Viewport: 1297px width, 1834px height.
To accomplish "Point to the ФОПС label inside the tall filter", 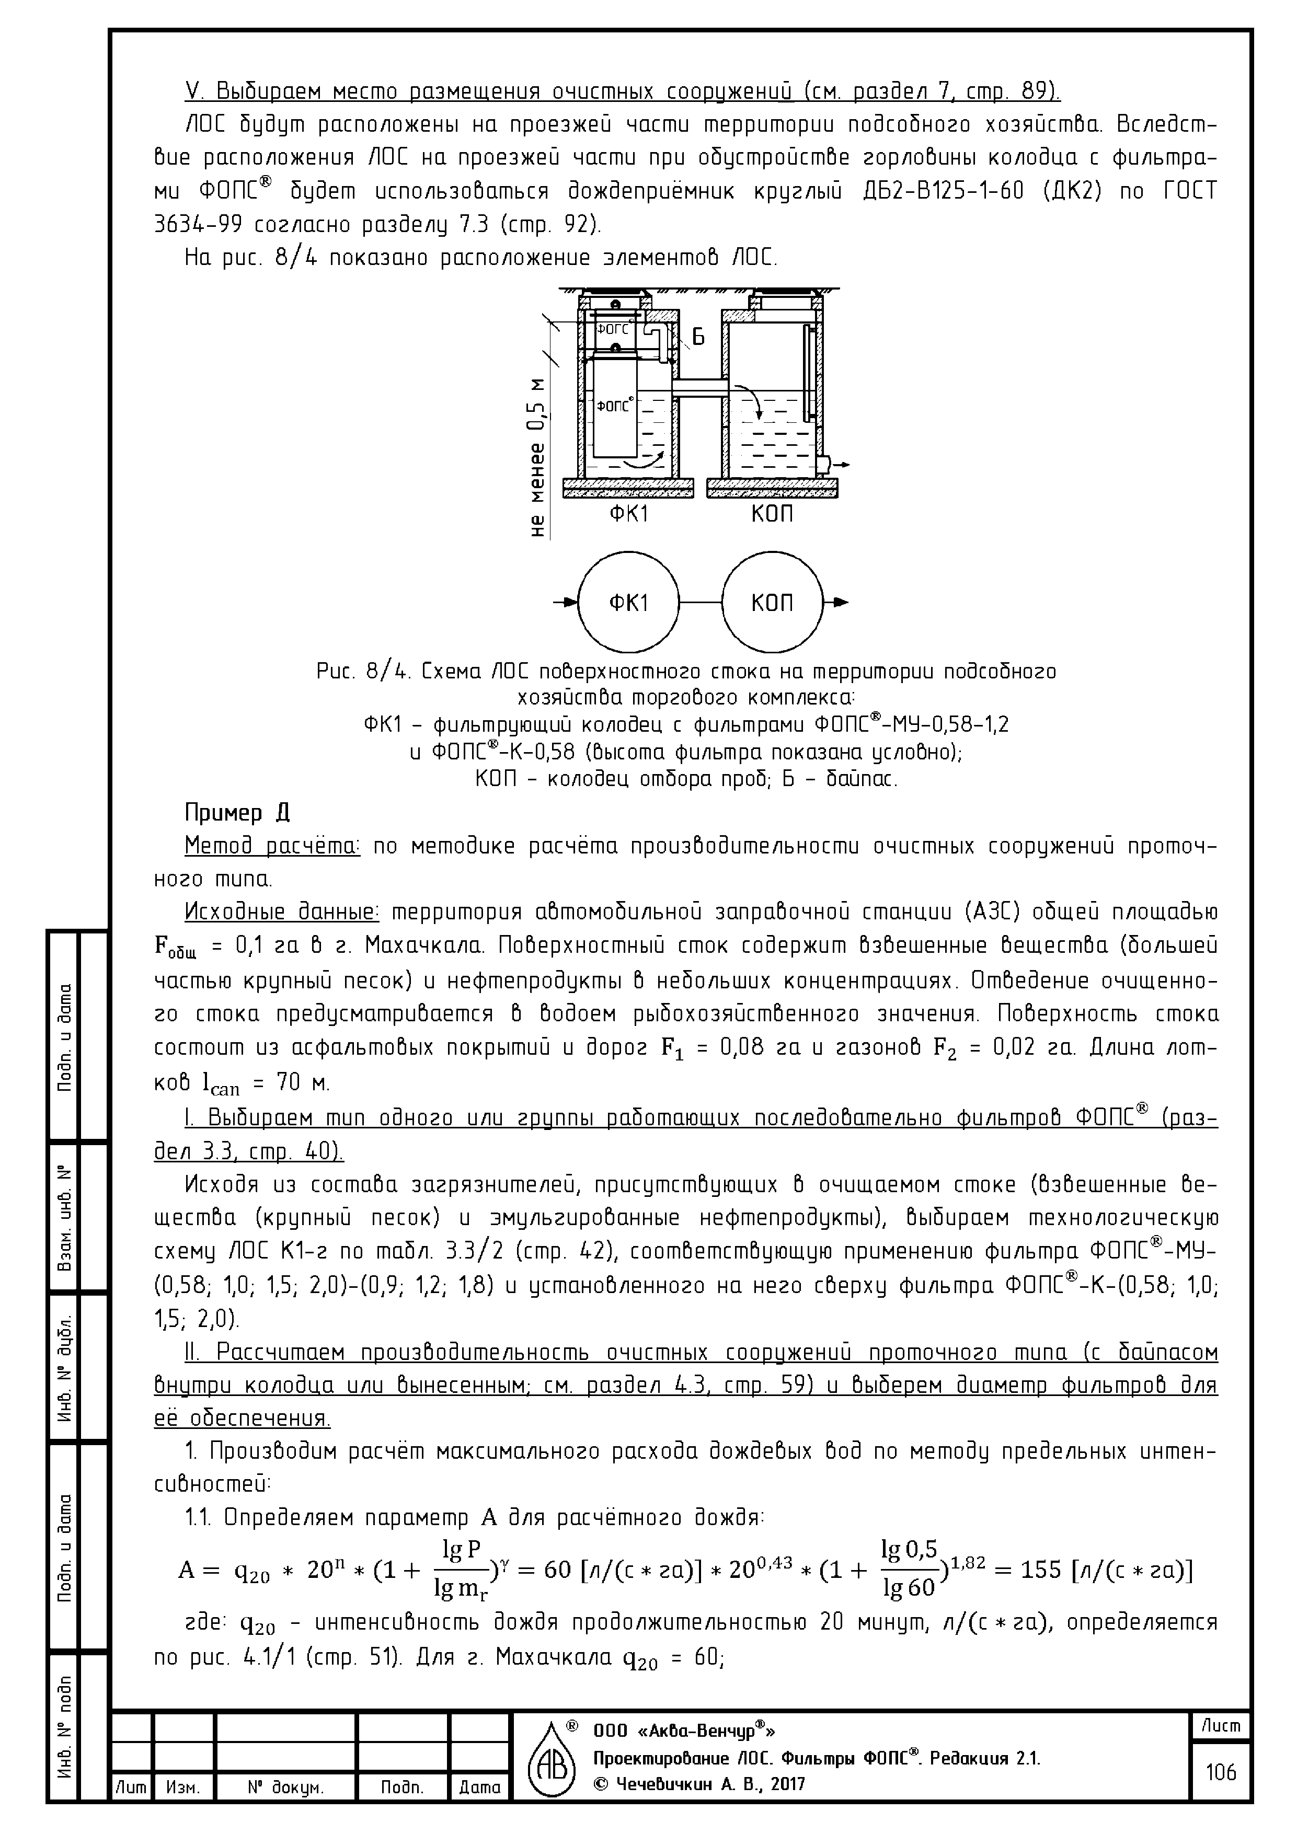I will (x=614, y=406).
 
